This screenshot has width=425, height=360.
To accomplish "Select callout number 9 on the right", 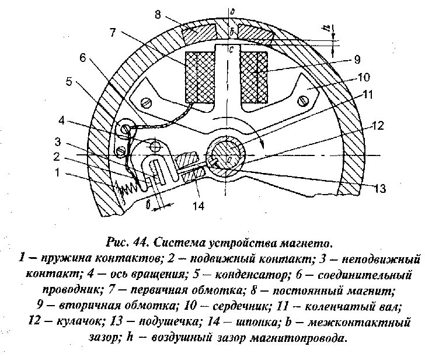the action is (357, 58).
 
